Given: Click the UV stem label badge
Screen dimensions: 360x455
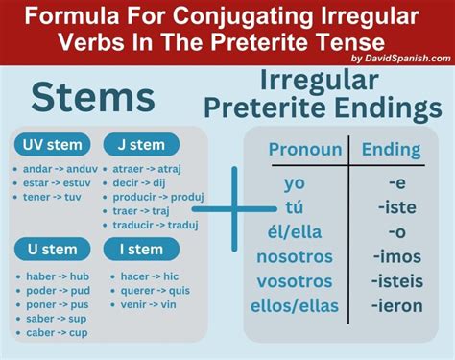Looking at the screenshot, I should pyautogui.click(x=50, y=145).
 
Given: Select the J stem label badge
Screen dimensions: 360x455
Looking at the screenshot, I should pyautogui.click(x=140, y=145).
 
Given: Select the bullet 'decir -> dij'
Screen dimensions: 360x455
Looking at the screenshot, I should pyautogui.click(x=142, y=180).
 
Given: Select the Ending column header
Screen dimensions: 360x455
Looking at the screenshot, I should pyautogui.click(x=390, y=149).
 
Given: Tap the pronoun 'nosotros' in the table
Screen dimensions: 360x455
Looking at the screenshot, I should pyautogui.click(x=295, y=256).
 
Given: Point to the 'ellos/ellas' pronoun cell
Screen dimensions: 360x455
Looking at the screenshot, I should pyautogui.click(x=295, y=307).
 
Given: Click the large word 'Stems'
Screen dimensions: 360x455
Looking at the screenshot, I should pyautogui.click(x=92, y=99).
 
